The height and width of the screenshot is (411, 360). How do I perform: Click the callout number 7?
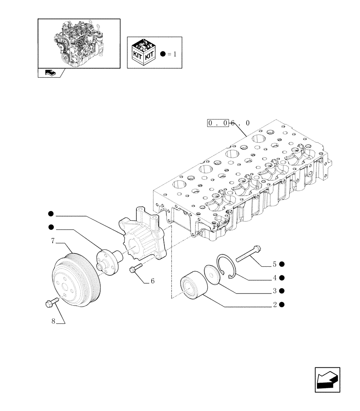point(53,241)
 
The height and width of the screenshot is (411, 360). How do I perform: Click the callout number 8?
point(53,322)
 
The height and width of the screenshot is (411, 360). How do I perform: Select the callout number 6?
point(152,282)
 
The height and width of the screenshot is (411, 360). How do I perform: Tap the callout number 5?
point(274,264)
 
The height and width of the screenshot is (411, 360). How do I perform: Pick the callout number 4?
point(274,277)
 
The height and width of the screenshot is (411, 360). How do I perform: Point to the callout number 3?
point(274,291)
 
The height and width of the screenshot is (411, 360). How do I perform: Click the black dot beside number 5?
point(282,264)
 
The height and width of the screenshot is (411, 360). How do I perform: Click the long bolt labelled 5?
point(249,253)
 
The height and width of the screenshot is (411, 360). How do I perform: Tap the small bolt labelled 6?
point(135,269)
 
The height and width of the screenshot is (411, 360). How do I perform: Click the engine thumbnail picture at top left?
point(79,43)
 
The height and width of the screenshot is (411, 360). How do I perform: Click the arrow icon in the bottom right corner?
point(328,379)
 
